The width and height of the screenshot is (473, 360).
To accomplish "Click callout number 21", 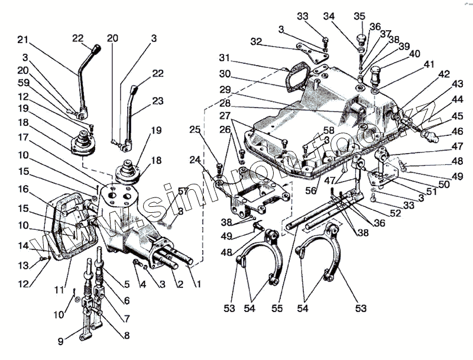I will [22, 40].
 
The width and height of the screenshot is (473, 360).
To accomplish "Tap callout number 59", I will [22, 83].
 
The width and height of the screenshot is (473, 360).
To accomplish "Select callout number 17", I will [22, 137].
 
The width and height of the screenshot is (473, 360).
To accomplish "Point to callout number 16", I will [22, 189].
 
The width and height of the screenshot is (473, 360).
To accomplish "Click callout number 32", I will [255, 42].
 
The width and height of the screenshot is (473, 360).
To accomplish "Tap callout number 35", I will [359, 16].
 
